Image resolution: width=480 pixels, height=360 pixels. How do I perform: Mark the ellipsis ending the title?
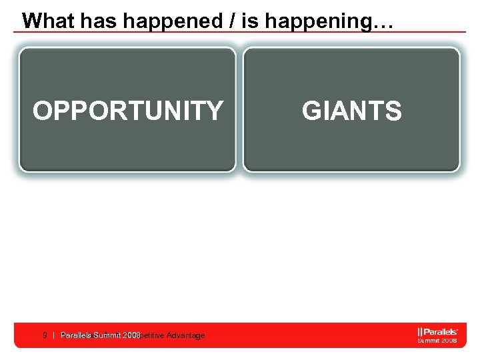click(383, 24)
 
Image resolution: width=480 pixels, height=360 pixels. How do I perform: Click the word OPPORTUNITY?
click(128, 111)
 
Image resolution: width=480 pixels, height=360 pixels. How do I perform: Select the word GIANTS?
click(351, 111)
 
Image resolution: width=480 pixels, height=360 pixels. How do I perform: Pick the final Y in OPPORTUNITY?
click(214, 111)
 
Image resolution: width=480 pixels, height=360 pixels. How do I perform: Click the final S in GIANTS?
click(393, 111)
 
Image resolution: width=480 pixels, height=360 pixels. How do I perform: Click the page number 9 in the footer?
click(44, 335)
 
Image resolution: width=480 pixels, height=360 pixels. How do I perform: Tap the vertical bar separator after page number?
click(53, 335)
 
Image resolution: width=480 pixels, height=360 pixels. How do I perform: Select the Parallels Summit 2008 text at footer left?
click(100, 335)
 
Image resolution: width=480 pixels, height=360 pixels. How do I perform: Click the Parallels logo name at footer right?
click(439, 331)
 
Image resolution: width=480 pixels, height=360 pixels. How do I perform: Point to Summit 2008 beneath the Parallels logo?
click(437, 340)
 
